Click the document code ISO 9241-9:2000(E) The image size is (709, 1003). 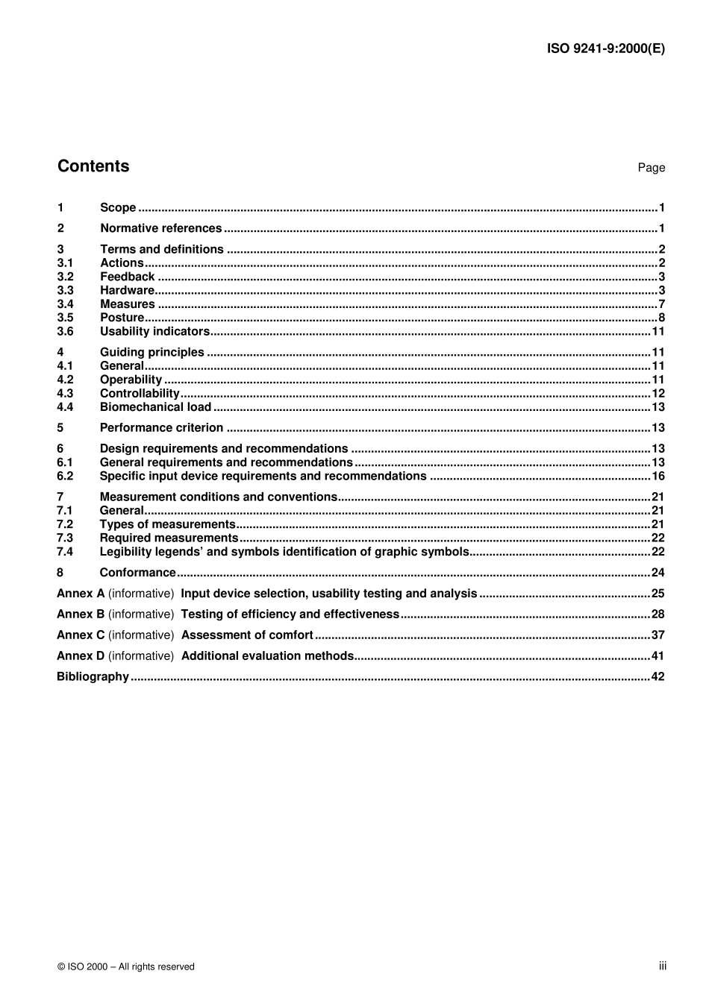click(x=605, y=49)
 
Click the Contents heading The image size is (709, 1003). click(x=93, y=166)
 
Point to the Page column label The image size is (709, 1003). click(x=651, y=168)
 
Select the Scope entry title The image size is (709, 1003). click(x=118, y=208)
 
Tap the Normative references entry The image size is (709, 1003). click(x=160, y=229)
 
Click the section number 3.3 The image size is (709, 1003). click(x=66, y=291)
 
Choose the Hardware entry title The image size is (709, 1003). click(x=127, y=291)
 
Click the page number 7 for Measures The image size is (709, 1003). click(x=661, y=304)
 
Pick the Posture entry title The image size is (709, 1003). click(x=122, y=318)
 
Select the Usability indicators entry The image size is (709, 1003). click(x=154, y=332)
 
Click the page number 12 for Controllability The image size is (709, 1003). click(x=658, y=394)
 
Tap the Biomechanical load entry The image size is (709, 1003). click(x=155, y=407)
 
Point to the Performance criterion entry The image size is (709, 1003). click(x=161, y=428)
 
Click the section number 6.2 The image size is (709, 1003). click(x=66, y=477)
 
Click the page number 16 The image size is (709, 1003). click(x=658, y=477)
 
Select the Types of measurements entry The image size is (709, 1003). click(x=167, y=524)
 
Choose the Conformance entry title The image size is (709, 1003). click(x=137, y=573)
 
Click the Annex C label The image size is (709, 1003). click(x=81, y=635)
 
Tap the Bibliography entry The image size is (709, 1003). click(x=93, y=677)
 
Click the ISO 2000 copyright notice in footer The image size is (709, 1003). click(x=125, y=966)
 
